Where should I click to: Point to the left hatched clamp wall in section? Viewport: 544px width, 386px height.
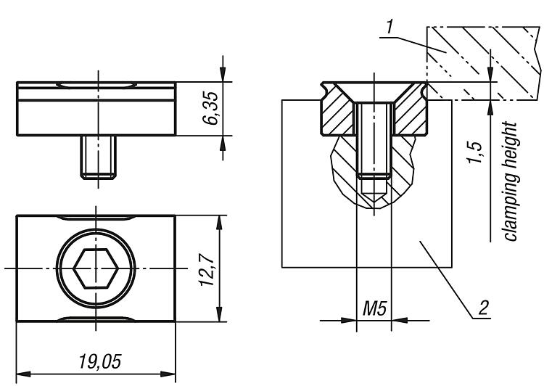[337, 116]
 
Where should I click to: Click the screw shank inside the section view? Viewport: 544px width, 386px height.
[374, 138]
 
